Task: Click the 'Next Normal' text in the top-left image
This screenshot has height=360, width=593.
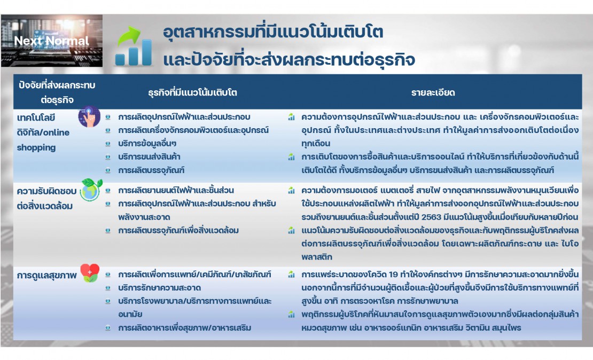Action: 51,41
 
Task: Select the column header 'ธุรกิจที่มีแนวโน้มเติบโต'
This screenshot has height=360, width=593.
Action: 192,92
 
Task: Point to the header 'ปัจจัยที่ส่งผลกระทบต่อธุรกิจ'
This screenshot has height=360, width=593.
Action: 57,92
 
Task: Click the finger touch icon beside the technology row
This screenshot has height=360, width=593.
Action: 89,117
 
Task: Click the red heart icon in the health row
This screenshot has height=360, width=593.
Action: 89,272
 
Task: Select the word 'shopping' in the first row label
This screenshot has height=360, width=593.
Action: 36,147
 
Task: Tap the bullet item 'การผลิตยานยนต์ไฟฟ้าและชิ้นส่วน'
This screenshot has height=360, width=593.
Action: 176,190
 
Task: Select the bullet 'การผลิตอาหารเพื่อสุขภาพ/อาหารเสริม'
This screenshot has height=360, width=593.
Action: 184,327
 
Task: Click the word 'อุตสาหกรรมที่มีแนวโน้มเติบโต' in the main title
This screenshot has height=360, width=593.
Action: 273,32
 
